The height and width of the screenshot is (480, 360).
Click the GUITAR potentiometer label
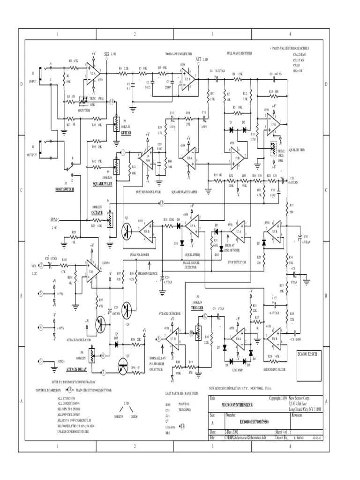point(126,133)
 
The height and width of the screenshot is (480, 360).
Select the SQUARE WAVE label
point(102,184)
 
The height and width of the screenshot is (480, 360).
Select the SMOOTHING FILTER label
point(274,369)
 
